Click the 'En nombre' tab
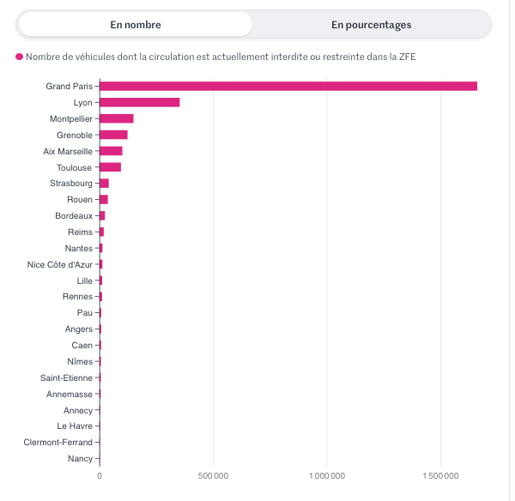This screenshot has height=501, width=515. (136, 25)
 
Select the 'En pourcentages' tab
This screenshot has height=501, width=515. (371, 25)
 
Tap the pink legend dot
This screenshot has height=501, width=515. (19, 57)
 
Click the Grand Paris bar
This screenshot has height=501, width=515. (288, 86)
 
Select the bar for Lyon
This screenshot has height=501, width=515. (140, 102)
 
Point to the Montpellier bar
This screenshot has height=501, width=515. (117, 118)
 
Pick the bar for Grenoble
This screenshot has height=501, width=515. (113, 135)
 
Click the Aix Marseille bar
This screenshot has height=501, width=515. (111, 151)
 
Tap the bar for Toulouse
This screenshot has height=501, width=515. (110, 167)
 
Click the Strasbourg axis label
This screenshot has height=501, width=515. (71, 184)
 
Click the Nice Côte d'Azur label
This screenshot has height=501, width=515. (59, 264)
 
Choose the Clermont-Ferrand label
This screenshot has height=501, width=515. (58, 443)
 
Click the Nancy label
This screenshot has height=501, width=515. (80, 459)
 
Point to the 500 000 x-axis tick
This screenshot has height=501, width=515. (213, 475)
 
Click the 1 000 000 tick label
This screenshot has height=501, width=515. (327, 475)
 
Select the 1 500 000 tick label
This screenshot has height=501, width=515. (441, 475)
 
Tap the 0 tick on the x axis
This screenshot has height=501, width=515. (100, 475)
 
